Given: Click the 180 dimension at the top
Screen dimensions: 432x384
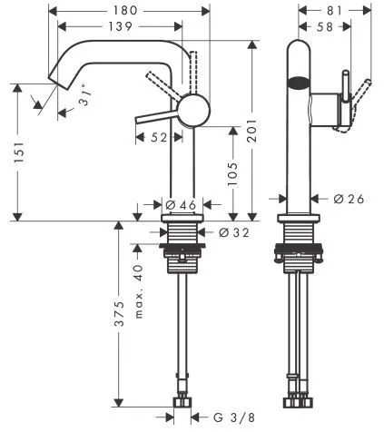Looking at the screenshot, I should (127, 10).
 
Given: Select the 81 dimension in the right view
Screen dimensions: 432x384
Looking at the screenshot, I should (332, 10).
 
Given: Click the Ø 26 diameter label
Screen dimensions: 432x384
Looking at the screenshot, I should (342, 199).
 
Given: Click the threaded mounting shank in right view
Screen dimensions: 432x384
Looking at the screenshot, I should (297, 238).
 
